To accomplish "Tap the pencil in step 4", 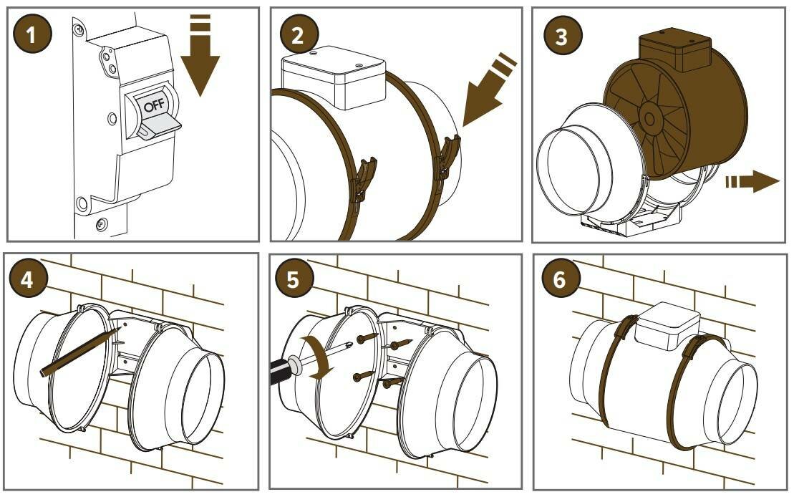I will click(x=79, y=351).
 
